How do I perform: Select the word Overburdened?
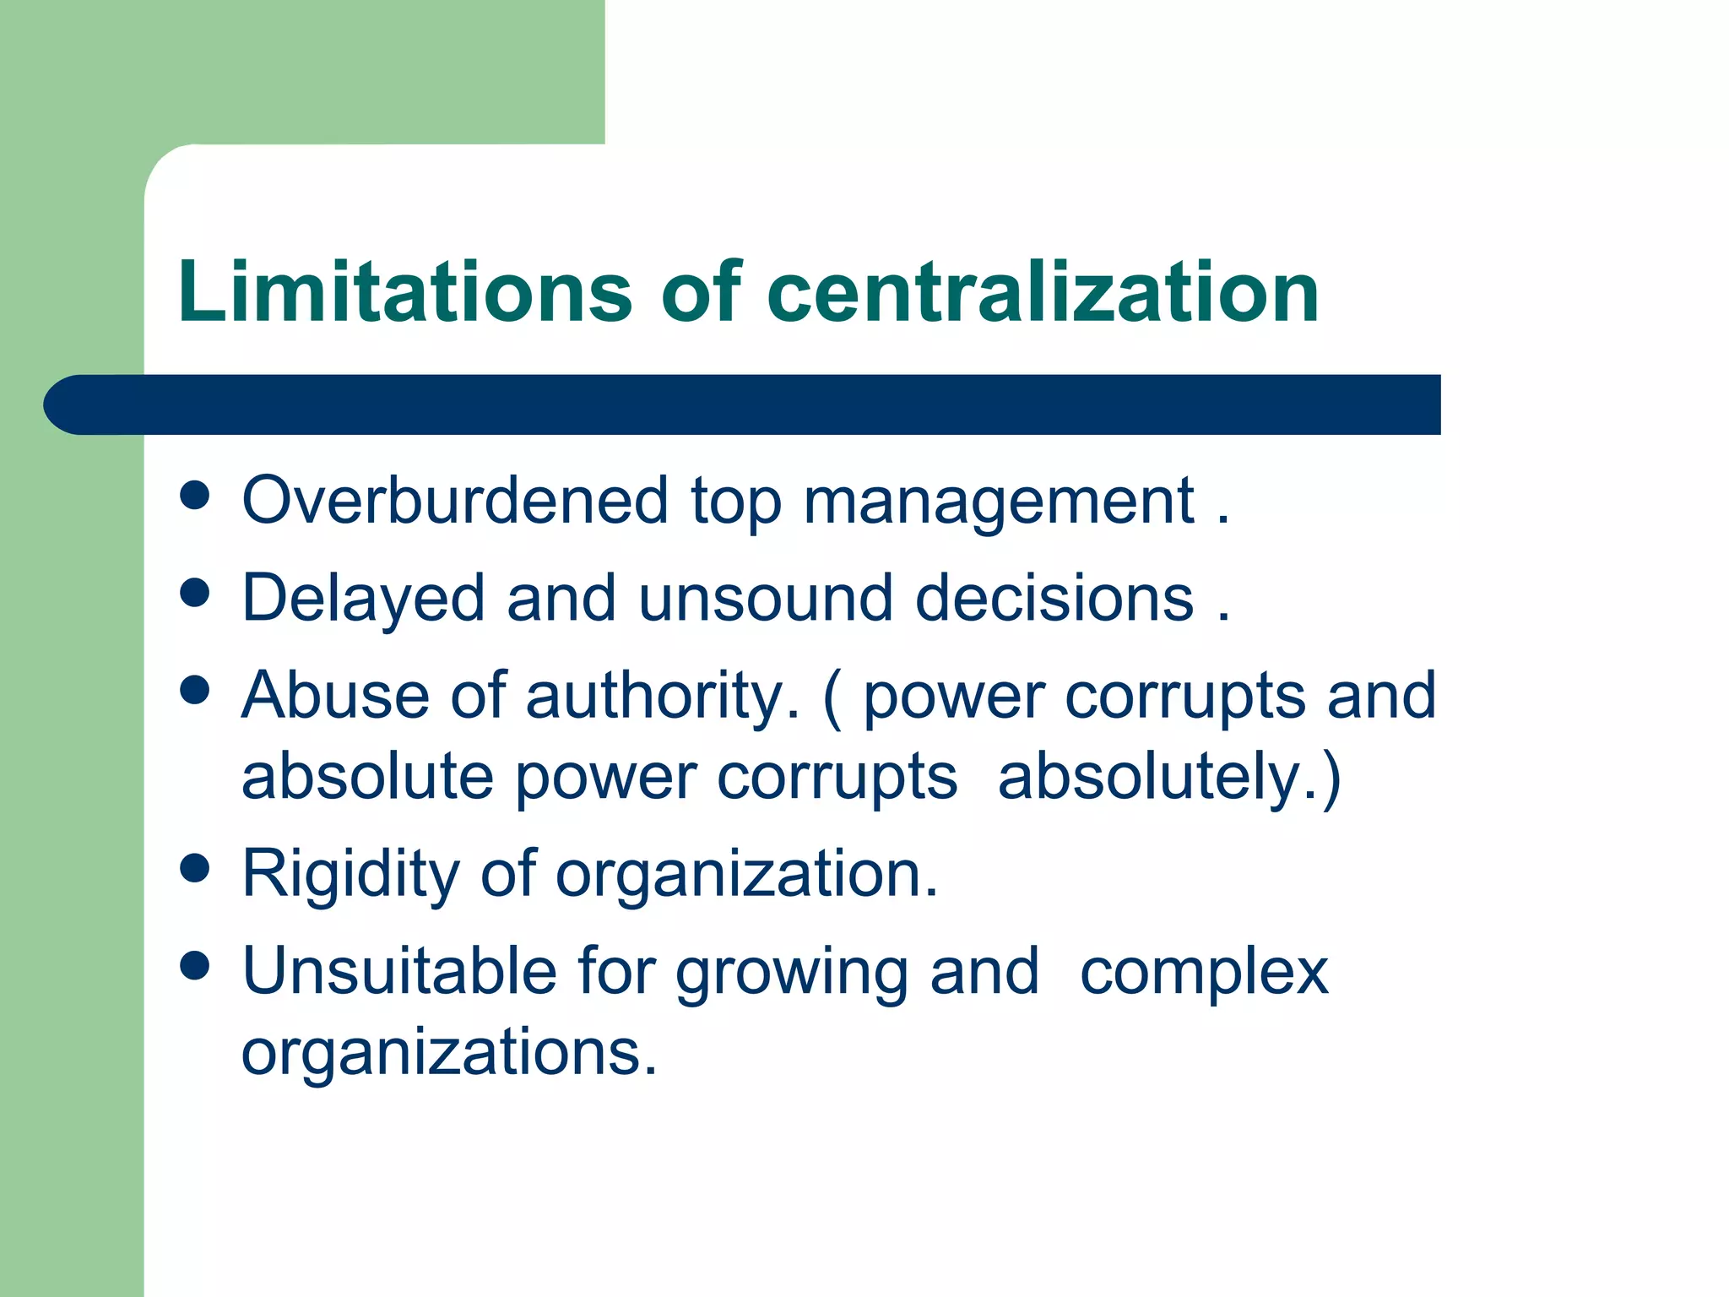455,500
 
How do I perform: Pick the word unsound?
765,598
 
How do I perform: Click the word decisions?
1054,598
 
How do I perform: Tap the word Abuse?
335,695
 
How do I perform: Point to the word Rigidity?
350,875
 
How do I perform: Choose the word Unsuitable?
398,971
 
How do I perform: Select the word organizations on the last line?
448,1054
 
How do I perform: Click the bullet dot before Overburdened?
195,496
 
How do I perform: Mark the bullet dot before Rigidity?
195,869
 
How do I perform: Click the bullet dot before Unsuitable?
195,966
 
